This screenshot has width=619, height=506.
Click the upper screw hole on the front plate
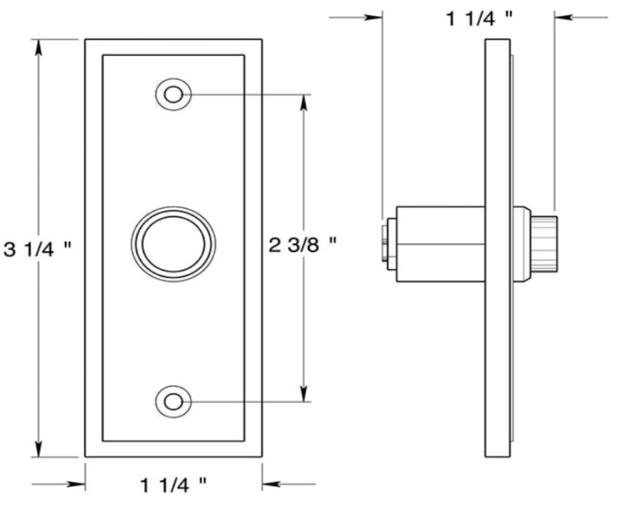[x=173, y=95]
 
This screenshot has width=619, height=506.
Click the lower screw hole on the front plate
[x=173, y=401]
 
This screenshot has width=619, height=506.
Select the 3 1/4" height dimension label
[x=38, y=249]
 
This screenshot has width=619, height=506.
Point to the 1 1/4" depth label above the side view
[x=480, y=19]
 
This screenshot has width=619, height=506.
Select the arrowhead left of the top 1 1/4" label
[x=374, y=18]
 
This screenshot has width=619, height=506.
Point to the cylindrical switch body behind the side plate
[x=440, y=243]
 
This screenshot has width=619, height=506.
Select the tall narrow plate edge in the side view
[x=498, y=248]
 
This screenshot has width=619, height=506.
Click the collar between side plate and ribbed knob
[x=522, y=243]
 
